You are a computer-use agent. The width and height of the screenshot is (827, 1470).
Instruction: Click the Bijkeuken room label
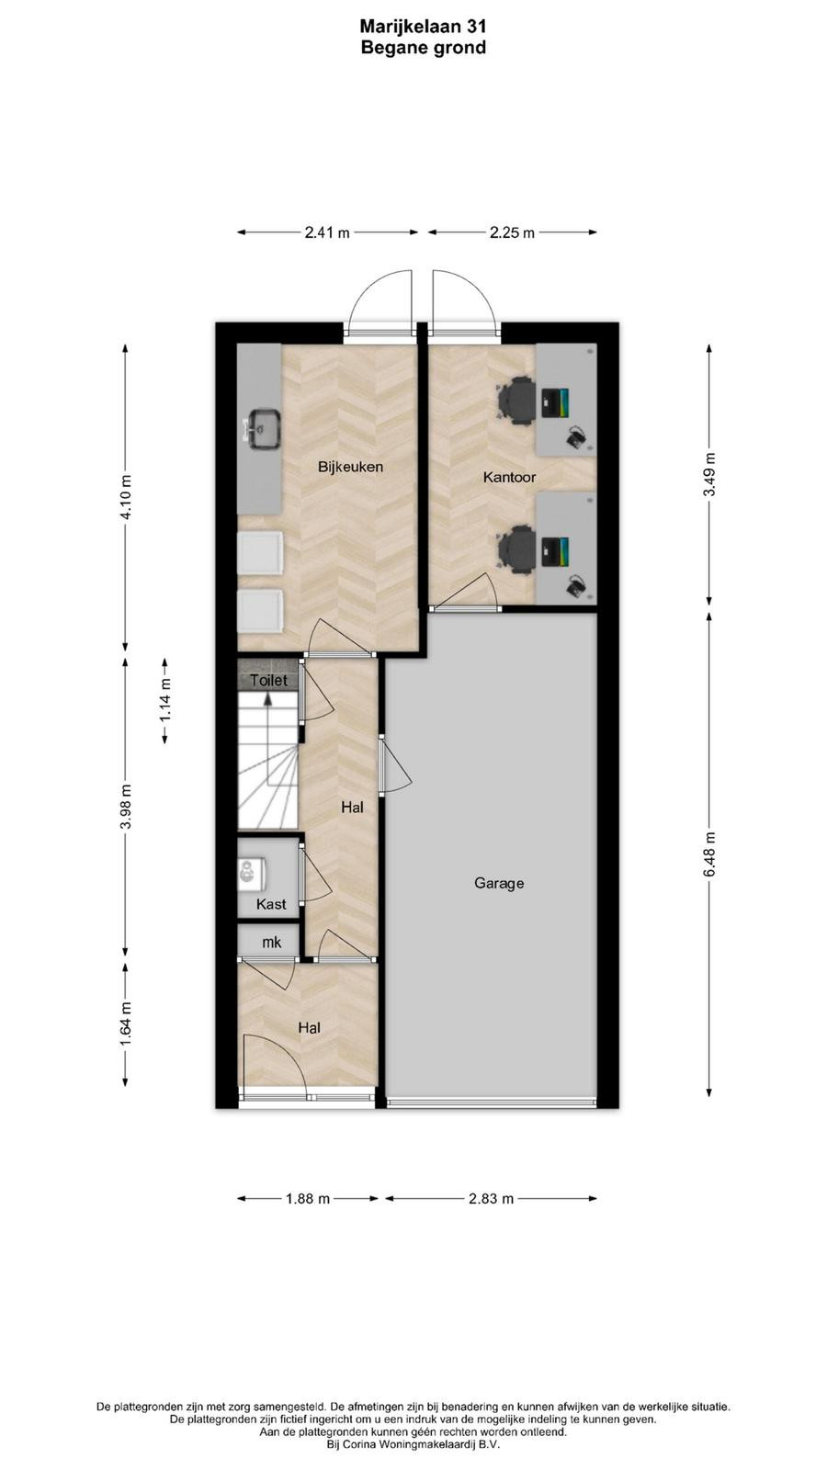[350, 467]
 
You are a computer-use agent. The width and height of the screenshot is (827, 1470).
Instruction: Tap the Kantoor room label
[509, 477]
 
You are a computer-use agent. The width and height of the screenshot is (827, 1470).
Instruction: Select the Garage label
[499, 883]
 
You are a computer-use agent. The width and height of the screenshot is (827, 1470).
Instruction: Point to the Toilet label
[268, 681]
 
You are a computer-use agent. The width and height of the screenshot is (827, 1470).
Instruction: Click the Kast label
[271, 904]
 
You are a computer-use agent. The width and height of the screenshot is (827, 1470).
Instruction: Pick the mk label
[271, 943]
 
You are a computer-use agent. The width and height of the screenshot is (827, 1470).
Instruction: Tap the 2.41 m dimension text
[327, 232]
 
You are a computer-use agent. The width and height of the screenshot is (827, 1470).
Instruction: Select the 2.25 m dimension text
[512, 232]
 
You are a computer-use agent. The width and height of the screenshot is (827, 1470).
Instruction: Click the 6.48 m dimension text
[709, 854]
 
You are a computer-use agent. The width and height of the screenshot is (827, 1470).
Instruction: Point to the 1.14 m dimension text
[165, 699]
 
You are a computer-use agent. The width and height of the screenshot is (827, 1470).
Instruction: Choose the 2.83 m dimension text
[491, 1198]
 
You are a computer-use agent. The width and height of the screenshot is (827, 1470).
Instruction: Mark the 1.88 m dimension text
[308, 1198]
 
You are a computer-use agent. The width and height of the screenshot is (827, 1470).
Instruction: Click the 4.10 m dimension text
[125, 497]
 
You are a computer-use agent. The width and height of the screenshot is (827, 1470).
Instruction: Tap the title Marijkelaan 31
[424, 27]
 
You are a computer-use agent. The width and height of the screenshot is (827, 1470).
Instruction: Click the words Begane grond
[424, 48]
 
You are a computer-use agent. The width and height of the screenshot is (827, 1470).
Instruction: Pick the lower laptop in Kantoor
[555, 552]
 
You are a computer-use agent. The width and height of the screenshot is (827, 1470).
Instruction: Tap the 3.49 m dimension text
[709, 475]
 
